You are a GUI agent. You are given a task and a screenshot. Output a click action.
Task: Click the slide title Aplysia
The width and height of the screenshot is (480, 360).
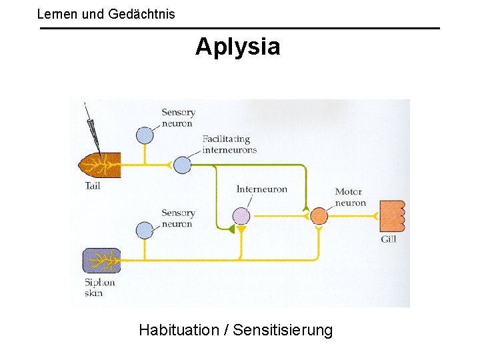coord(237,47)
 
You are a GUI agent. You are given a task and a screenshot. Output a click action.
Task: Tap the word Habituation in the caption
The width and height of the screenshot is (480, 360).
coord(179,329)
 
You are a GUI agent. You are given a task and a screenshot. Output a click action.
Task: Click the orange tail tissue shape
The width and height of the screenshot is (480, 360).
coord(99,163)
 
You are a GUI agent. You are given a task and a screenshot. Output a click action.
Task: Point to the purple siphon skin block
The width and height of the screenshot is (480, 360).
coord(101,260)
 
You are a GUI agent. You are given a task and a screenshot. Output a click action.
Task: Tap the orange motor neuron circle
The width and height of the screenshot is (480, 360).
coord(319,216)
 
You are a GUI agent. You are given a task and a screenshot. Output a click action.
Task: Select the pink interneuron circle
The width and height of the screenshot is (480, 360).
coord(241,216)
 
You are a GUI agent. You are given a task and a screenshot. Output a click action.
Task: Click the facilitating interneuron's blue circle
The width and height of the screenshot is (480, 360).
coord(182,164)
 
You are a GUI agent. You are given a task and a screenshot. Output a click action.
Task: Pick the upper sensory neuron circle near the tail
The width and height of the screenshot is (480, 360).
coord(145,135)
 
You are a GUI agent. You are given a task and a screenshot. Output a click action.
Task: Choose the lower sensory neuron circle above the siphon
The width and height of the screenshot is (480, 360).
coord(145,231)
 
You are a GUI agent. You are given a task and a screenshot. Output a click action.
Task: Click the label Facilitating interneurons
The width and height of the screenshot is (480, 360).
coord(229,145)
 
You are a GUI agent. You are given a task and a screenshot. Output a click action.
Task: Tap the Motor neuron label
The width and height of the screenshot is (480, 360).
coord(350,197)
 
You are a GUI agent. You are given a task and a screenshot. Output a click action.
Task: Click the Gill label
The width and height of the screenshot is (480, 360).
coord(388,239)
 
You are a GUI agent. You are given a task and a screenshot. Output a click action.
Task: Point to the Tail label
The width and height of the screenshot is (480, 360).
coord(93,186)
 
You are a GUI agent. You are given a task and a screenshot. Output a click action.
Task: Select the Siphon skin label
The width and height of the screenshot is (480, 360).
coord(99,287)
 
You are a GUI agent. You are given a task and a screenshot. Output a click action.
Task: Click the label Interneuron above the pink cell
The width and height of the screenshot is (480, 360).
coord(261,189)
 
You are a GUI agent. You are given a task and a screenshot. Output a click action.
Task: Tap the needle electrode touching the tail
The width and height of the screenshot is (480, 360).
coord(91,127)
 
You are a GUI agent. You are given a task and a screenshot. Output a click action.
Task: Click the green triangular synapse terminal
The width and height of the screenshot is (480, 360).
coord(231,229)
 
